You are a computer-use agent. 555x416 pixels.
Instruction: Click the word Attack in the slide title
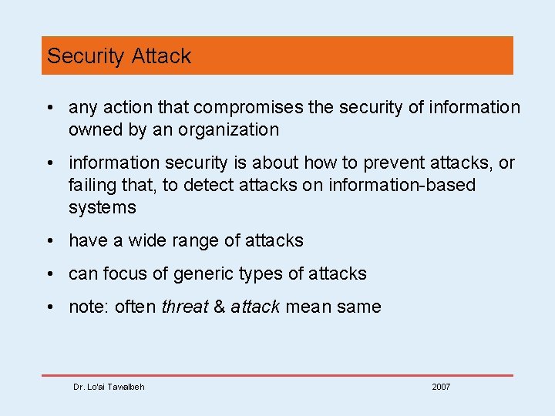click(x=161, y=56)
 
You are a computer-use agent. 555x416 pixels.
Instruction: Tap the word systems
click(x=102, y=208)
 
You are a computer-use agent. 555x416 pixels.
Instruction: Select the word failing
click(x=91, y=186)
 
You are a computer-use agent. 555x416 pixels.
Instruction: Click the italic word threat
click(x=185, y=307)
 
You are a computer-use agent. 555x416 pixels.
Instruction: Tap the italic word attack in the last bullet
click(x=255, y=307)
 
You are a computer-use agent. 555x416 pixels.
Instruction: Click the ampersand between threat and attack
click(x=220, y=307)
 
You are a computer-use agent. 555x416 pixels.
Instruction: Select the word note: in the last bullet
click(x=89, y=307)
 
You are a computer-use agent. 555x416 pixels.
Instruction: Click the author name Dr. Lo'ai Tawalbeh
click(x=109, y=387)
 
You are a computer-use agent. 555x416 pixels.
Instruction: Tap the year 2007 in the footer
click(x=441, y=387)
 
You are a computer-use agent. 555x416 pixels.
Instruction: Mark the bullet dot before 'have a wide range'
click(x=49, y=241)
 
